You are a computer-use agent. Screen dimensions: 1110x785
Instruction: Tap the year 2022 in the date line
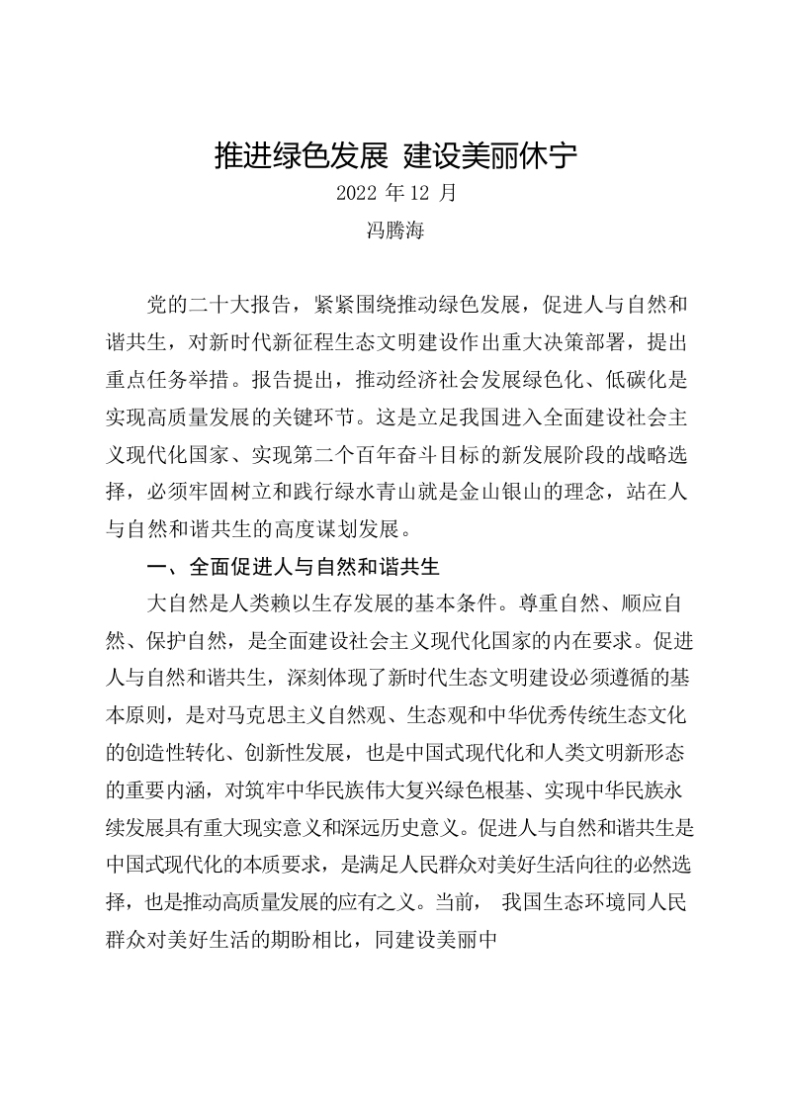[354, 192]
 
